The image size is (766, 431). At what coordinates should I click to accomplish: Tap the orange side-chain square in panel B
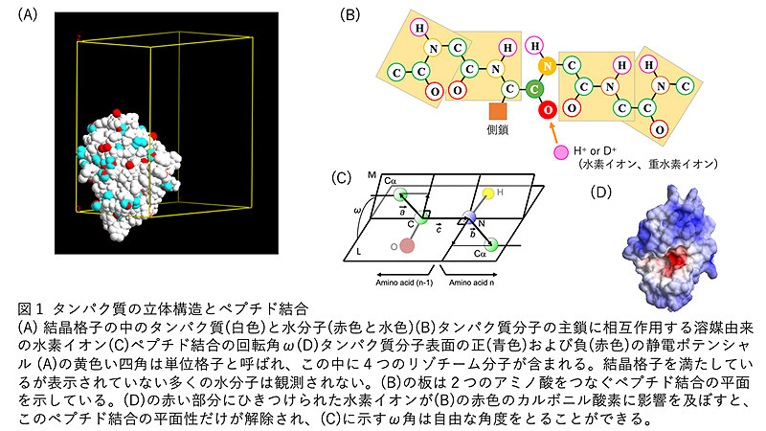(497, 112)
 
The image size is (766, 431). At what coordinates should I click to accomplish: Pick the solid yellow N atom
(548, 67)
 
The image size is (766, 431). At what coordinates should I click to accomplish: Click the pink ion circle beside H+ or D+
(559, 152)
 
